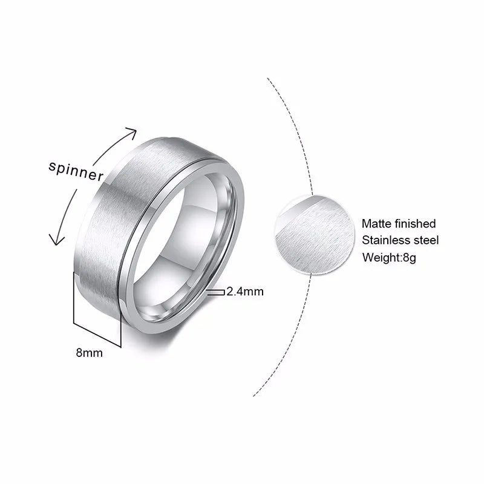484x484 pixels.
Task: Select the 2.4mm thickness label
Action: point(245,292)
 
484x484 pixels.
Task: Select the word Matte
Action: point(376,224)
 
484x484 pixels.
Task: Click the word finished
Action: point(414,224)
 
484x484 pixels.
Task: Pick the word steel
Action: point(427,241)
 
